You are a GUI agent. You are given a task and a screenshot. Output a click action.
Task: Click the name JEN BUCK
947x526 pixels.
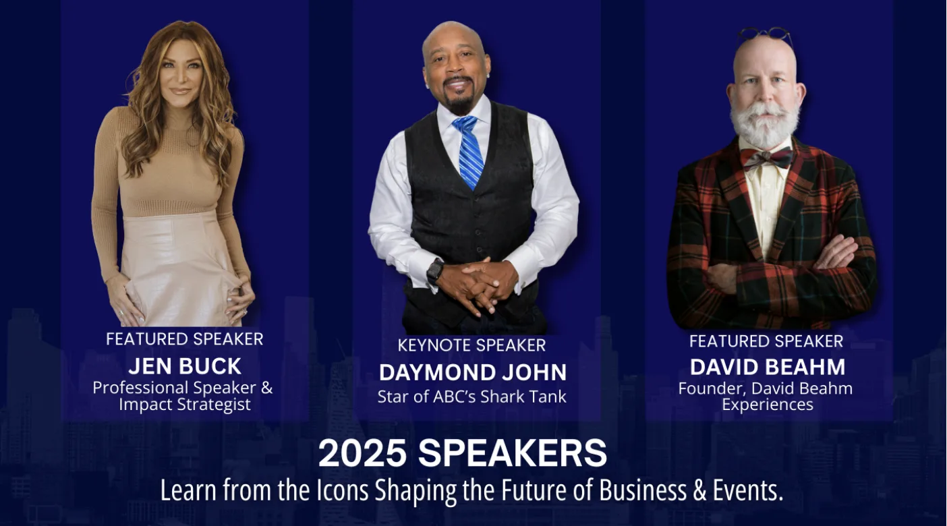(x=185, y=366)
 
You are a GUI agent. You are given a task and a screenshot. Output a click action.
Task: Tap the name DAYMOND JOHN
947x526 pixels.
(x=473, y=372)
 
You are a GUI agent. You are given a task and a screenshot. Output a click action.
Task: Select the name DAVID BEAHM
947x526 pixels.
(x=768, y=367)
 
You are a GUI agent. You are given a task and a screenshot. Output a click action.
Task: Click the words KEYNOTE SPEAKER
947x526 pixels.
(x=471, y=345)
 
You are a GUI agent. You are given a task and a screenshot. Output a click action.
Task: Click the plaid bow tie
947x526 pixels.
(x=766, y=158)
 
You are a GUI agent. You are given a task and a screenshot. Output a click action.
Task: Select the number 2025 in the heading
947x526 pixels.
(x=362, y=453)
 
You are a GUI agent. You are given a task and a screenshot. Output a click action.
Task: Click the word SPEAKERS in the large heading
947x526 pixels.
(x=513, y=453)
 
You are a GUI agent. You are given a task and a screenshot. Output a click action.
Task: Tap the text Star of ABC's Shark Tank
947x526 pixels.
(x=471, y=397)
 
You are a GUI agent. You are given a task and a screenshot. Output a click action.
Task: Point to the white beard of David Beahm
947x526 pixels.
(x=765, y=123)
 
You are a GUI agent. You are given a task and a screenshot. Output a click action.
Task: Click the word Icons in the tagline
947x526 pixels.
(x=343, y=490)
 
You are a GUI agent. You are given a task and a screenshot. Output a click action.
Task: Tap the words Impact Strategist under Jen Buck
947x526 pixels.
(x=185, y=404)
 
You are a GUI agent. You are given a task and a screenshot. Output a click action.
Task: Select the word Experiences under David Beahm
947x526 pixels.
(x=768, y=405)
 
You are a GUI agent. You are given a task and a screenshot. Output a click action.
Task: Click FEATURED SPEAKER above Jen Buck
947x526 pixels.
(x=185, y=339)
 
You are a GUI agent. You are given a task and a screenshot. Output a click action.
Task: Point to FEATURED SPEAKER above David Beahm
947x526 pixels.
(x=766, y=341)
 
